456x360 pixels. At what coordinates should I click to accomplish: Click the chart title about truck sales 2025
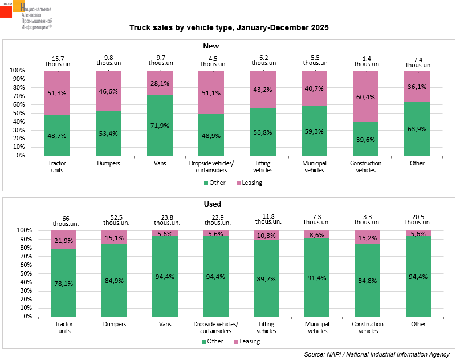(x=229, y=27)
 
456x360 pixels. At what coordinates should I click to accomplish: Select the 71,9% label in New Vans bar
(x=160, y=125)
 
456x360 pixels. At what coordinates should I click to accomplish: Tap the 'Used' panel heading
(x=213, y=204)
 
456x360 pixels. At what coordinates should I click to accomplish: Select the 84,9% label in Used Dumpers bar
(x=115, y=280)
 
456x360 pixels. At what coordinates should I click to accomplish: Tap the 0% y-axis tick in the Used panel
(x=20, y=315)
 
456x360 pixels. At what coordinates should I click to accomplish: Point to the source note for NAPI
(x=377, y=354)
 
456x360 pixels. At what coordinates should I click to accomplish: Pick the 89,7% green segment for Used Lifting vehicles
(x=266, y=278)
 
